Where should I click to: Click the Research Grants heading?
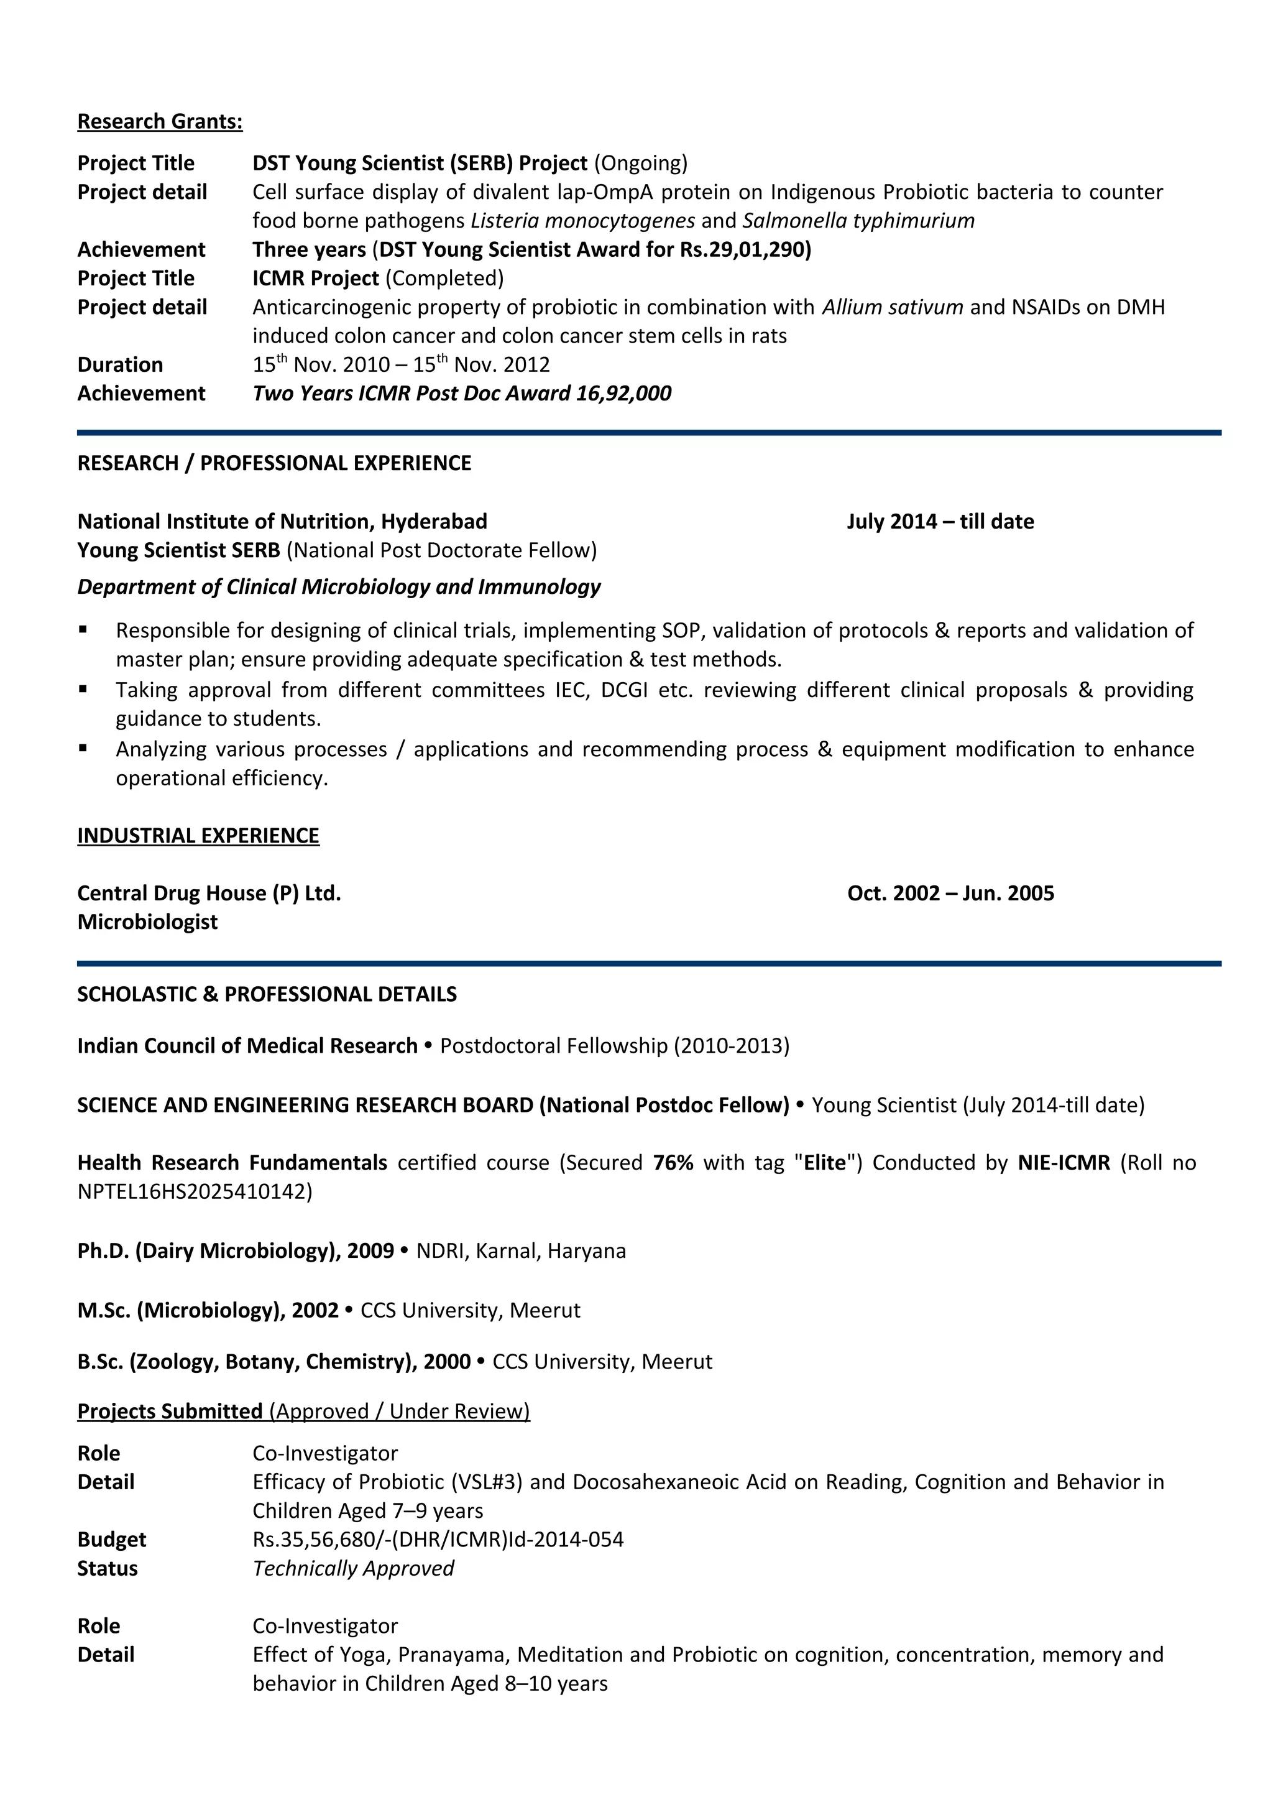pyautogui.click(x=160, y=122)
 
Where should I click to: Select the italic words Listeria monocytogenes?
pyautogui.click(x=582, y=221)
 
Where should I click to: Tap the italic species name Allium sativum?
pyautogui.click(x=892, y=308)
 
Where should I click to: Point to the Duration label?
pyautogui.click(x=120, y=365)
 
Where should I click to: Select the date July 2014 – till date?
pyautogui.click(x=940, y=522)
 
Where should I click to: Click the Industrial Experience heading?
pyautogui.click(x=198, y=836)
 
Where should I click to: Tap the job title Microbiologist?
pyautogui.click(x=147, y=922)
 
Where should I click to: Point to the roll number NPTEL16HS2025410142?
pyautogui.click(x=195, y=1192)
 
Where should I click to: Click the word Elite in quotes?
pyautogui.click(x=824, y=1163)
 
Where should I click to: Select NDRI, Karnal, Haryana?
pyautogui.click(x=521, y=1251)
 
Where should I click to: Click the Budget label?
pyautogui.click(x=111, y=1540)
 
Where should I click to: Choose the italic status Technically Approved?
pyautogui.click(x=353, y=1569)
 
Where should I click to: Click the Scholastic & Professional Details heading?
pyautogui.click(x=267, y=994)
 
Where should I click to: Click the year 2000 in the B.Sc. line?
pyautogui.click(x=446, y=1362)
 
